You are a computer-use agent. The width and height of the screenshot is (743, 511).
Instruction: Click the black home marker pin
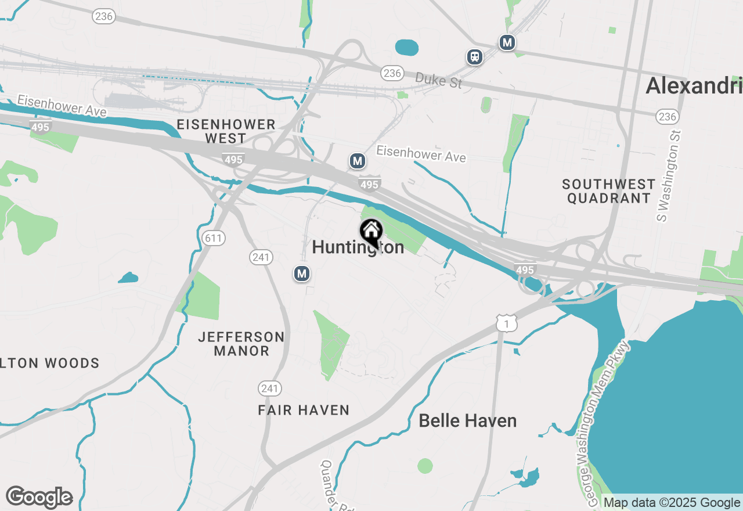click(371, 233)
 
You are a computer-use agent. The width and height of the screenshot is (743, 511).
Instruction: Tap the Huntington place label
click(358, 247)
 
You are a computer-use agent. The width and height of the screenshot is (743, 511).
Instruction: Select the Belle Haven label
click(467, 420)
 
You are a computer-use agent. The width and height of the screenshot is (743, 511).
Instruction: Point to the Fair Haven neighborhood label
click(304, 411)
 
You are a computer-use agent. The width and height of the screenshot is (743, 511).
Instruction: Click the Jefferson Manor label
click(241, 344)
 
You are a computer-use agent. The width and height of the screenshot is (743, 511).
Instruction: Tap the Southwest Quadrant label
click(609, 191)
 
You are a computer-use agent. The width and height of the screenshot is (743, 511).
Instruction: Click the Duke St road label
click(439, 80)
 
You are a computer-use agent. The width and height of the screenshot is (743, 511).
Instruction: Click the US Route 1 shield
click(507, 323)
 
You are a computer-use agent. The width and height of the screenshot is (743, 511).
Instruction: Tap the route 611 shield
click(214, 237)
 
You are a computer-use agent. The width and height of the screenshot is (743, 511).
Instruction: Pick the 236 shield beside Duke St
click(392, 73)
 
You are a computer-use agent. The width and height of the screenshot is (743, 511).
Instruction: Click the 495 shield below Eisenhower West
click(233, 159)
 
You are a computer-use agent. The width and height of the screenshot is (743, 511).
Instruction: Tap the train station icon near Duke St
click(475, 57)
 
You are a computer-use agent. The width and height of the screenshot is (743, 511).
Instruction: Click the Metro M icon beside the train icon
click(507, 42)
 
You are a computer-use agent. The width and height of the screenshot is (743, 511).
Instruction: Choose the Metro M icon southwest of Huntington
click(301, 273)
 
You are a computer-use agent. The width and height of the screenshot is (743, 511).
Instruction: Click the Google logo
click(39, 497)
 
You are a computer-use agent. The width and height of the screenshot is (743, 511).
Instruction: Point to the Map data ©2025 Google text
click(672, 503)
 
